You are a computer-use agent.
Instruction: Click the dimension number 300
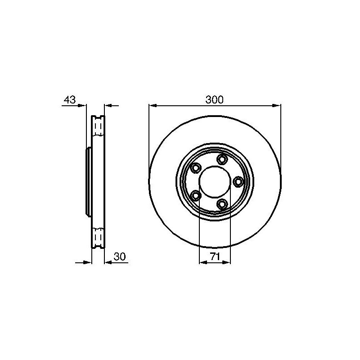tap(214, 99)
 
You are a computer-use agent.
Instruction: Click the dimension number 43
tap(70, 99)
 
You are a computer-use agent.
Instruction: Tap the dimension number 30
tap(120, 256)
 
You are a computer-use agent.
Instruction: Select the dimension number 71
tap(215, 256)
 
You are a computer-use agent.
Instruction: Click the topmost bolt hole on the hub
tap(222, 159)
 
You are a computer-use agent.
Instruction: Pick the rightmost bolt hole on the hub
tap(238, 182)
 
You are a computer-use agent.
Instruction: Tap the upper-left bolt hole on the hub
tap(196, 168)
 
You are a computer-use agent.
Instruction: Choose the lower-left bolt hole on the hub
tap(196, 196)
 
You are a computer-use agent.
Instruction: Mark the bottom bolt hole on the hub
tap(222, 204)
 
